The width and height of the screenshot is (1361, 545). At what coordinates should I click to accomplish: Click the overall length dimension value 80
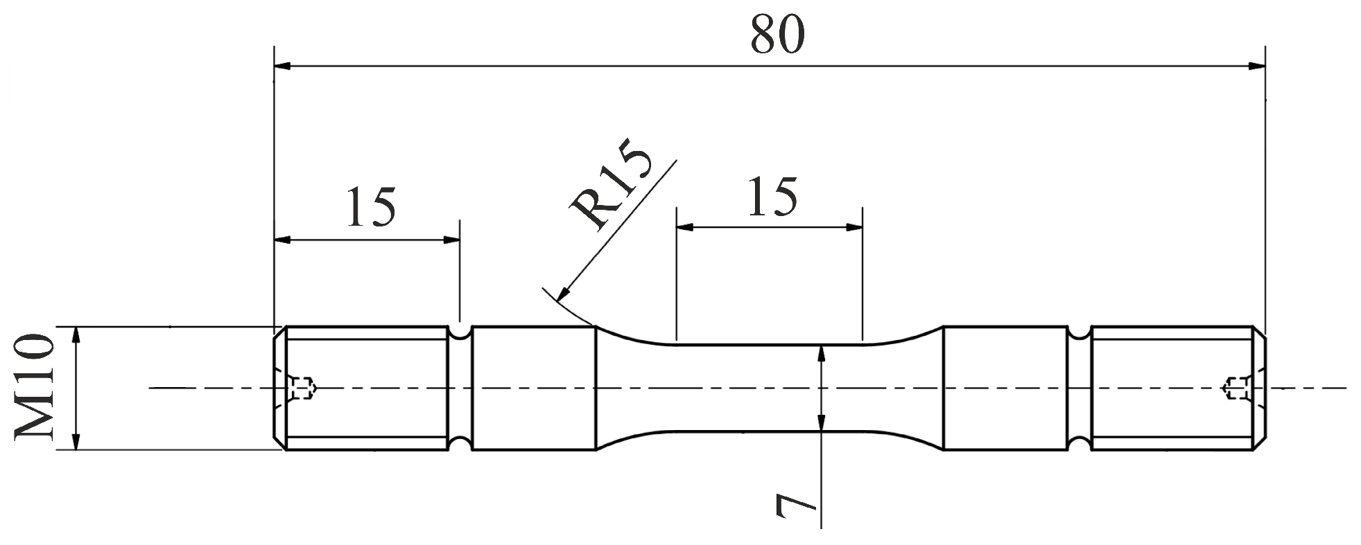pyautogui.click(x=777, y=36)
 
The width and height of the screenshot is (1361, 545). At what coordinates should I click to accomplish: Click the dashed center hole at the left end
pyautogui.click(x=302, y=388)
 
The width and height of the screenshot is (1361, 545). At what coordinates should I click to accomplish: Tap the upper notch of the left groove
pyautogui.click(x=459, y=334)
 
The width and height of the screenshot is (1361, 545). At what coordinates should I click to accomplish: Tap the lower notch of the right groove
pyautogui.click(x=1079, y=442)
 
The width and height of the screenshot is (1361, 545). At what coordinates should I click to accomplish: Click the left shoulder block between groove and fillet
pyautogui.click(x=533, y=388)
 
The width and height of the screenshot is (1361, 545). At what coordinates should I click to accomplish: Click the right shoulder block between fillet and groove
pyautogui.click(x=1005, y=388)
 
